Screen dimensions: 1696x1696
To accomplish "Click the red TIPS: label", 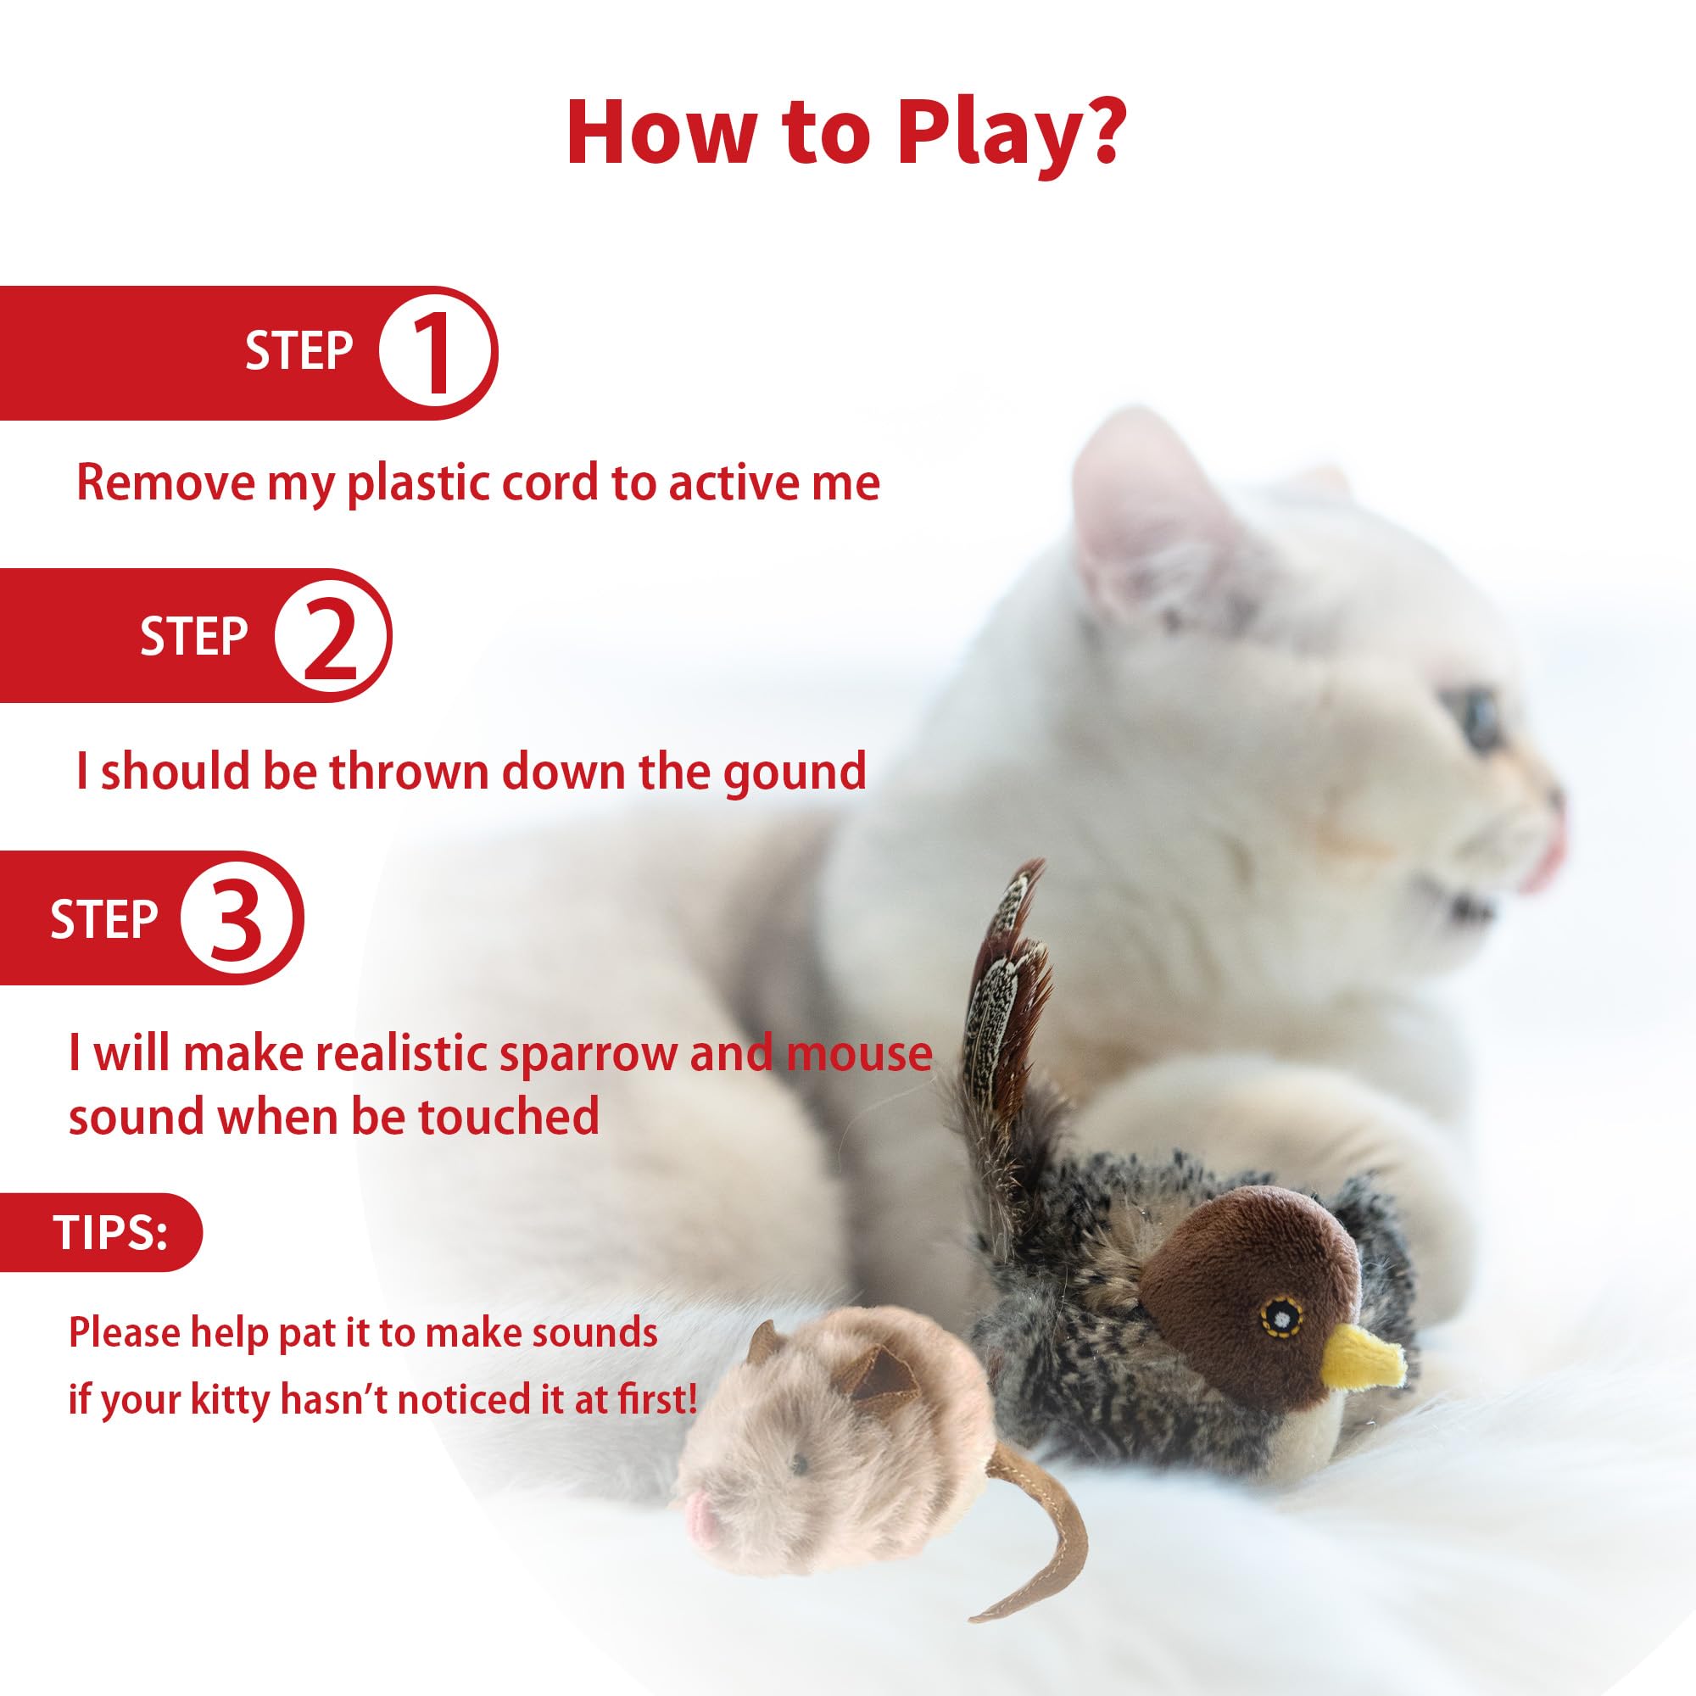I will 109,1232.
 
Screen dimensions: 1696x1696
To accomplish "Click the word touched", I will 508,1117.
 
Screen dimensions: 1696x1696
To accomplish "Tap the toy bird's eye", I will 1281,1317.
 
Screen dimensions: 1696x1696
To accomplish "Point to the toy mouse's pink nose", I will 700,1530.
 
